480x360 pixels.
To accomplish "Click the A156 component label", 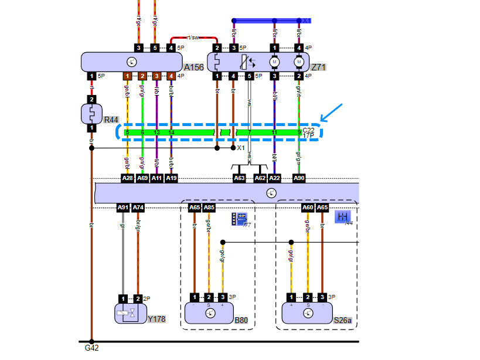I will click(193, 67).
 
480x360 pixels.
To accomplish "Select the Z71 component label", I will click(318, 67).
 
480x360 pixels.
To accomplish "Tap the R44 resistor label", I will click(111, 120).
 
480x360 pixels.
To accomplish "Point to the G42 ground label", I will click(91, 348).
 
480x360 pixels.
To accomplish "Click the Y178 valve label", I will click(156, 319).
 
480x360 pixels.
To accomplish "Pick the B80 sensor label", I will click(241, 321).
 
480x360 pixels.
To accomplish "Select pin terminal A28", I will click(127, 178).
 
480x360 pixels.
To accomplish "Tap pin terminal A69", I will click(142, 178).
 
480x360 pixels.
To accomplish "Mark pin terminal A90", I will click(299, 178).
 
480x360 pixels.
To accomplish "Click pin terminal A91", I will click(123, 207).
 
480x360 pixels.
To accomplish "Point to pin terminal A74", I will click(138, 207).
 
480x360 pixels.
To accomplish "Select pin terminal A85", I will click(209, 207).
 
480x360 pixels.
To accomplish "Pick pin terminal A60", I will click(308, 207).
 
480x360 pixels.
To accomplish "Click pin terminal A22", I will click(275, 178).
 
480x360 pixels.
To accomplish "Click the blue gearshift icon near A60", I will click(342, 217).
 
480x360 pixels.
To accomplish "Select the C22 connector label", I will click(308, 130).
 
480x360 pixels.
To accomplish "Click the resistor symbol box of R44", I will click(91, 114).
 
